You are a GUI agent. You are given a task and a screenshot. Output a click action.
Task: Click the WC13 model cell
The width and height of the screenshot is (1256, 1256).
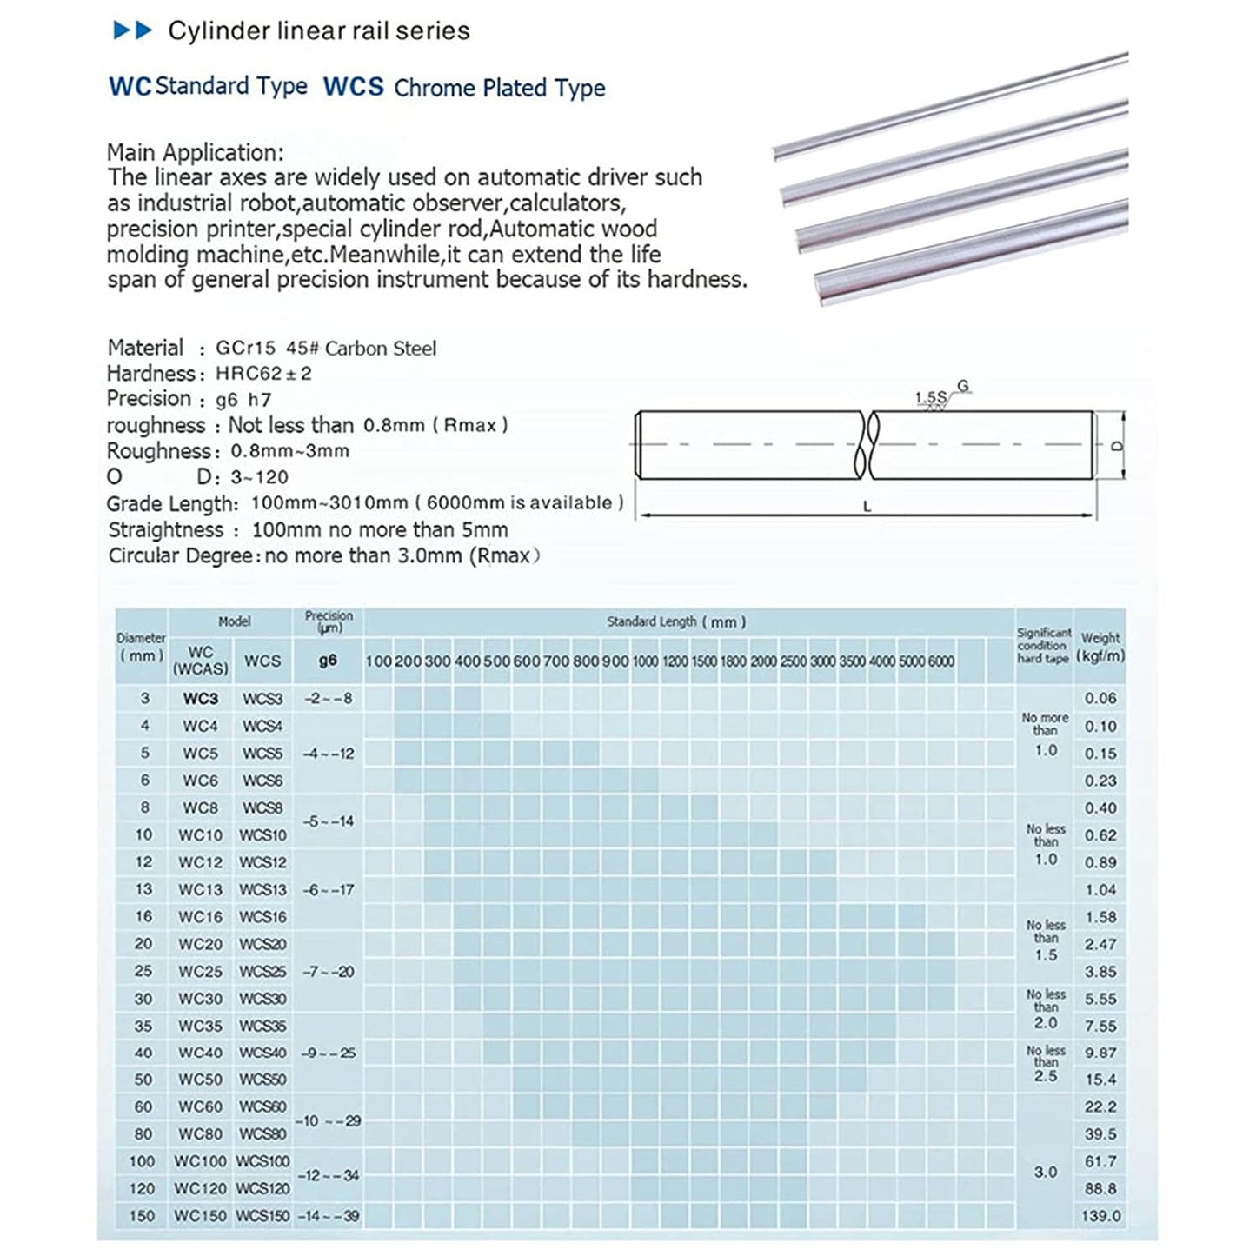(201, 889)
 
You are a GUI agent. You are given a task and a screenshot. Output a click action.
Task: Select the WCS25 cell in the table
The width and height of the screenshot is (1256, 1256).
(262, 971)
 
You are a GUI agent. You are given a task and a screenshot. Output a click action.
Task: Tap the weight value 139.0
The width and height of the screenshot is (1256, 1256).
(1101, 1216)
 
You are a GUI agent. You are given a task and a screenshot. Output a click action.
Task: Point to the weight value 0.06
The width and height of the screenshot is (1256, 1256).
(1100, 698)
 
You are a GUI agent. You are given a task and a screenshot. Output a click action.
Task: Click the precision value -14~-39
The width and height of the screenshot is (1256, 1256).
(328, 1216)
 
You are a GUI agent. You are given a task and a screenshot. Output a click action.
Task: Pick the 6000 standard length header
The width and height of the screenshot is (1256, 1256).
(941, 661)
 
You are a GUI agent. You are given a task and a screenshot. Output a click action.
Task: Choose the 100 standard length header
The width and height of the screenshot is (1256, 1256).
(378, 661)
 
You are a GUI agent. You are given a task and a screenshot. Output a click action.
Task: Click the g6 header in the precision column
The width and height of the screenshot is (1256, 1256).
(328, 661)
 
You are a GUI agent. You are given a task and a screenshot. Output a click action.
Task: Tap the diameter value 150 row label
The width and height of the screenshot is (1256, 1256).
(142, 1216)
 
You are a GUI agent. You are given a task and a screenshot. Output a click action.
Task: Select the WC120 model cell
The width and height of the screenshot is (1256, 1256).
(201, 1188)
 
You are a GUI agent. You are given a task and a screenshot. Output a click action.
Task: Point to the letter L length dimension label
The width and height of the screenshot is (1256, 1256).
(867, 507)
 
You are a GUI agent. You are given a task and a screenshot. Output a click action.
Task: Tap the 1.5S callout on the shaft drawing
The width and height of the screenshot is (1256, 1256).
(929, 398)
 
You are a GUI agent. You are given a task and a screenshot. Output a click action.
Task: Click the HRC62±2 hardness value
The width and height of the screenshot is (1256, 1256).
(263, 374)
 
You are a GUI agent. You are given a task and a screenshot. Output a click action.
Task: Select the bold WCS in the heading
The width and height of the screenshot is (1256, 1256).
(353, 87)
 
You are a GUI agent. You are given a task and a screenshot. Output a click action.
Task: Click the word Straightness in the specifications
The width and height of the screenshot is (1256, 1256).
(166, 530)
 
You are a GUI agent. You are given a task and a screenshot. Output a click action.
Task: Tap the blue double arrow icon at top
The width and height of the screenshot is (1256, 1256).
(133, 31)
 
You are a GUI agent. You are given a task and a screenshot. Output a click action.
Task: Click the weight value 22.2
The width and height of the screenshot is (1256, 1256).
(1100, 1106)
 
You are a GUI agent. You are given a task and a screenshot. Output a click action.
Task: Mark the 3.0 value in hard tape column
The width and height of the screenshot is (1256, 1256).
(1046, 1172)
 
